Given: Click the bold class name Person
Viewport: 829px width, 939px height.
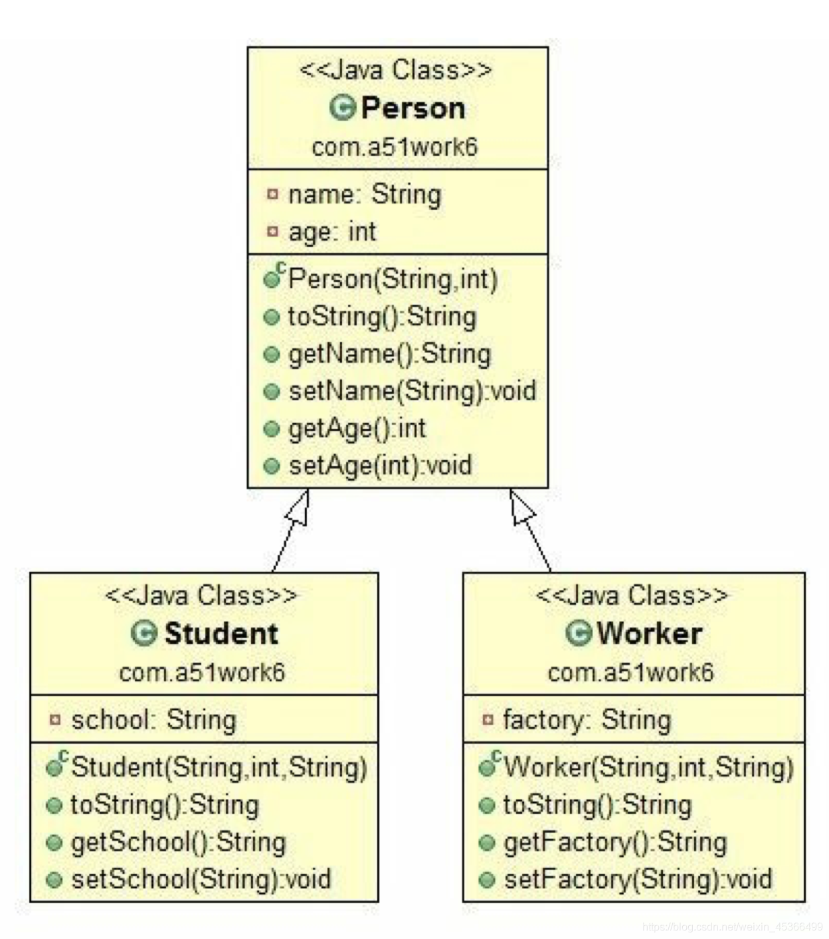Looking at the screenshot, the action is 413,108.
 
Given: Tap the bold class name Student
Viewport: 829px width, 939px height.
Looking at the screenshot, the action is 221,634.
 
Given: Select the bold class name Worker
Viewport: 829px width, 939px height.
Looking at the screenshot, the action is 649,634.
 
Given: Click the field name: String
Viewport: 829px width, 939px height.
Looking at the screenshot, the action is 365,194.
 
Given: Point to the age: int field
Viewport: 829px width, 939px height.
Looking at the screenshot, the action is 332,231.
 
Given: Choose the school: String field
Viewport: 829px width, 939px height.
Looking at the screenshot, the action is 153,721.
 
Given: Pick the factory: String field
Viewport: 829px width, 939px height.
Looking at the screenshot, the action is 587,721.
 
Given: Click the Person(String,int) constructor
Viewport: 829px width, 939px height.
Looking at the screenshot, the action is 393,280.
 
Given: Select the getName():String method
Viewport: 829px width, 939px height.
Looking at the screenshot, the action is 389,355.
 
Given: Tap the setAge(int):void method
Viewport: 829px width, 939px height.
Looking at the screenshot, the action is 380,466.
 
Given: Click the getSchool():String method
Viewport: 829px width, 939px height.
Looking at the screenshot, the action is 179,842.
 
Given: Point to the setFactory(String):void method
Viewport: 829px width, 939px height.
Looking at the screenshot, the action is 638,879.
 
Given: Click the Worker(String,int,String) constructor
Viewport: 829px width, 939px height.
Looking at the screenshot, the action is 648,767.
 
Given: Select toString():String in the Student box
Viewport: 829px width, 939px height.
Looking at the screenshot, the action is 165,805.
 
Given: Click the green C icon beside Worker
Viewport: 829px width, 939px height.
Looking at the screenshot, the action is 579,633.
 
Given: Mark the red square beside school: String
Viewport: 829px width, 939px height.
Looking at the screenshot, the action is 55,720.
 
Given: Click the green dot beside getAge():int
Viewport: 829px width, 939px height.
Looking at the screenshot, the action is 272,429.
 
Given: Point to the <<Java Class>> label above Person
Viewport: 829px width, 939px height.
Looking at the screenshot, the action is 395,70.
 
